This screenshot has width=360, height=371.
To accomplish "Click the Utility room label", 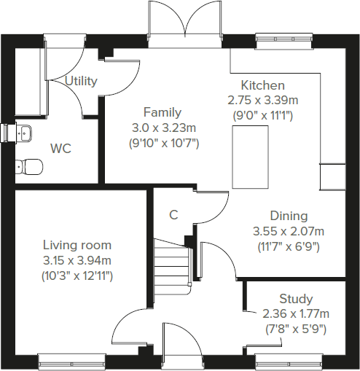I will tap(81, 81).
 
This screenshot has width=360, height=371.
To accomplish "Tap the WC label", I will tap(60, 149).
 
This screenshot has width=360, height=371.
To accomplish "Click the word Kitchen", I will tap(263, 85).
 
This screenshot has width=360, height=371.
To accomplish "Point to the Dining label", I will tap(289, 216).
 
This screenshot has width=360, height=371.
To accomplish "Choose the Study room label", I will tap(296, 299).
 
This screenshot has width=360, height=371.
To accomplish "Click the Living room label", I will tap(77, 245).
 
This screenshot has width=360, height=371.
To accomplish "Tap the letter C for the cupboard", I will tap(173, 215).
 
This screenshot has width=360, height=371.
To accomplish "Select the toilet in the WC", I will tap(27, 166).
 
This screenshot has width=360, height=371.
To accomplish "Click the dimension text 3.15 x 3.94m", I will tap(77, 260).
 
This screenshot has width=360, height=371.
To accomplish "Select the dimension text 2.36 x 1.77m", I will tap(296, 314).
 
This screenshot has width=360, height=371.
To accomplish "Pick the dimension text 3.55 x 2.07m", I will tap(289, 231).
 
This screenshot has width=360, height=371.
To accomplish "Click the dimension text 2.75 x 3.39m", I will tap(263, 100).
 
